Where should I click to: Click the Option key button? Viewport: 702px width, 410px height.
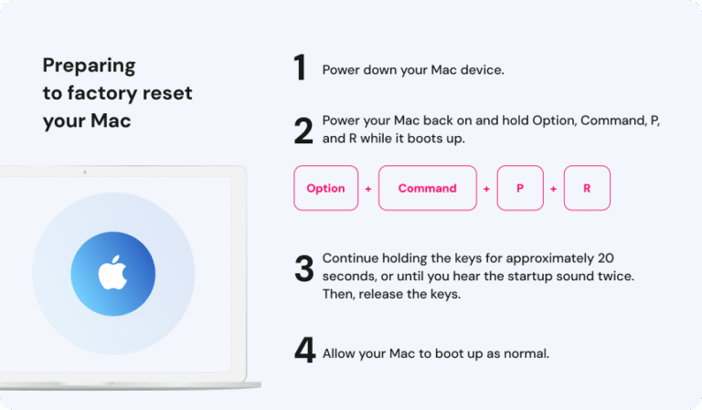pyautogui.click(x=325, y=188)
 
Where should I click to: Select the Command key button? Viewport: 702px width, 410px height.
pyautogui.click(x=427, y=188)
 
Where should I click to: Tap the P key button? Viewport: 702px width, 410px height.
pyautogui.click(x=520, y=188)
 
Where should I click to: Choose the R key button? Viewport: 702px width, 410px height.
pyautogui.click(x=587, y=188)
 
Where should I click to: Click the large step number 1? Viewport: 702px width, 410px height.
pyautogui.click(x=300, y=68)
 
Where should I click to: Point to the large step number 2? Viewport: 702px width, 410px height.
pyautogui.click(x=303, y=131)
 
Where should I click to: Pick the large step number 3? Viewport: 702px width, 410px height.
pyautogui.click(x=303, y=268)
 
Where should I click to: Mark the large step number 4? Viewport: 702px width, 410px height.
pyautogui.click(x=304, y=352)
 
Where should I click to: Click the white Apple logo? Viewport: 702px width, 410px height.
pyautogui.click(x=112, y=272)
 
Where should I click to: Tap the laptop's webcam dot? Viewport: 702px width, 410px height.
pyautogui.click(x=84, y=171)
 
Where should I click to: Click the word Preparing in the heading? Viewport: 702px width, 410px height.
pyautogui.click(x=89, y=66)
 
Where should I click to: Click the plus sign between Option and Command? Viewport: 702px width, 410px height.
pyautogui.click(x=368, y=189)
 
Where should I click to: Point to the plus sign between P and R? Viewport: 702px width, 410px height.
pyautogui.click(x=554, y=189)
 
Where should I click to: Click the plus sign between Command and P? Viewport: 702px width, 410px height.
pyautogui.click(x=486, y=189)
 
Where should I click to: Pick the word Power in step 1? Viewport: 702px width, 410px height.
pyautogui.click(x=340, y=69)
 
